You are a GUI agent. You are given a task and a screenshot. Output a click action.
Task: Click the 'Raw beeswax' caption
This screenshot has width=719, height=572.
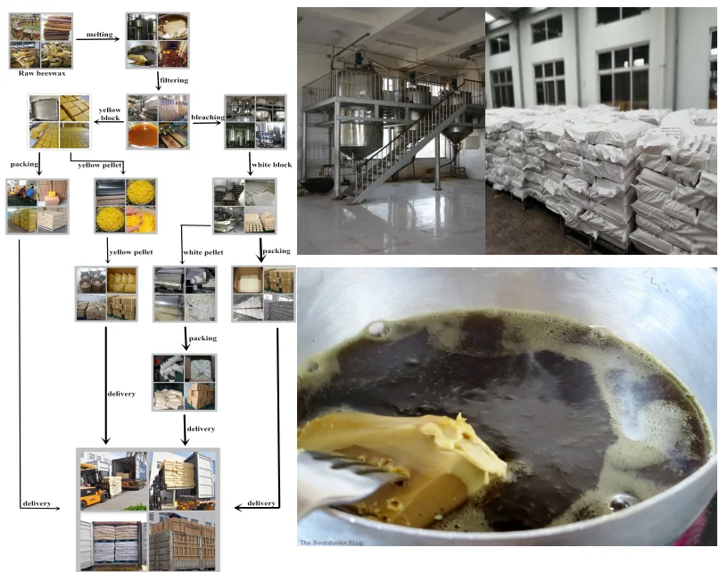pyautogui.click(x=43, y=74)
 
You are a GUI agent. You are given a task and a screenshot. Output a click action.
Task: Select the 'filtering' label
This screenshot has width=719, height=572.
pyautogui.click(x=172, y=80)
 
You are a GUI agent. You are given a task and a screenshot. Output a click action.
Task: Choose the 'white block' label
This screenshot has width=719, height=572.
pyautogui.click(x=270, y=164)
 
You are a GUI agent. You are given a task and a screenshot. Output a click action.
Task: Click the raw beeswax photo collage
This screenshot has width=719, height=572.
pyautogui.click(x=42, y=41)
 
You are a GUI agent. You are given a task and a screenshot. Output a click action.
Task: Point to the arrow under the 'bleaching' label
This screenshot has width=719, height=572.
pyautogui.click(x=207, y=124)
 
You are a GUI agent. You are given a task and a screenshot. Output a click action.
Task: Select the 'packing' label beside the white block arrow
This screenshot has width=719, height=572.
pyautogui.click(x=277, y=251)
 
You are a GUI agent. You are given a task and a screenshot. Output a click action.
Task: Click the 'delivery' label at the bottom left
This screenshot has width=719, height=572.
pyautogui.click(x=36, y=504)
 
